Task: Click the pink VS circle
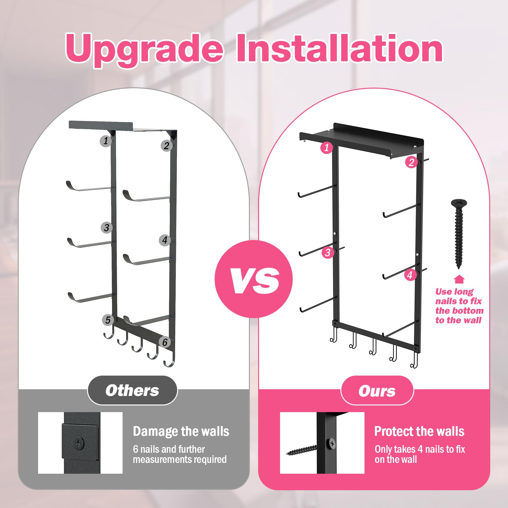(253, 279)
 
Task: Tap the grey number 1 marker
(105, 141)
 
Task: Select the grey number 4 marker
(164, 240)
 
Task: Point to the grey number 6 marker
(165, 342)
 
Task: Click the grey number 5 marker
(108, 320)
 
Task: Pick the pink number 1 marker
(327, 148)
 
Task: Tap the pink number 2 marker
(411, 162)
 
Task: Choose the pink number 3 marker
(328, 253)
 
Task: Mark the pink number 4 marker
(410, 275)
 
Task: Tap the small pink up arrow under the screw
(459, 279)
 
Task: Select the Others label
(132, 390)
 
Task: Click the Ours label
(377, 391)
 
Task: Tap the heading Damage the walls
(181, 431)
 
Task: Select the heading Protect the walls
(419, 431)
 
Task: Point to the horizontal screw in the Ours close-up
(302, 450)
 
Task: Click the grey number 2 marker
(166, 146)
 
